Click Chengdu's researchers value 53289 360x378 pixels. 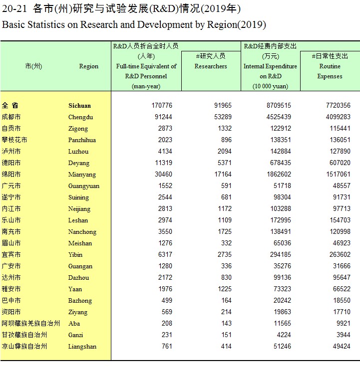click(x=223, y=117)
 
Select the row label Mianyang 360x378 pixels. click(x=82, y=175)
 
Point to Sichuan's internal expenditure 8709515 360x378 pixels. click(x=279, y=105)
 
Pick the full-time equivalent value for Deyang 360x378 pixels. click(x=163, y=163)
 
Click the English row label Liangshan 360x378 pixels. click(x=82, y=347)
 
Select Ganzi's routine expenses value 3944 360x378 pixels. click(x=344, y=335)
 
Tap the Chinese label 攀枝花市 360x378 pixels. click(x=14, y=140)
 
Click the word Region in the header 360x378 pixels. click(x=88, y=66)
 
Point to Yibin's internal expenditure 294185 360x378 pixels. click(x=280, y=254)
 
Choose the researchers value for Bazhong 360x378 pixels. click(x=226, y=300)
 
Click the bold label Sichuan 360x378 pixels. click(x=80, y=106)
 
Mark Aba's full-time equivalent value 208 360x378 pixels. click(x=167, y=323)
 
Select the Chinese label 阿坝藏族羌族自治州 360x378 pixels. click(x=30, y=323)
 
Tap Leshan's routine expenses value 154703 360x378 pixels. click(x=340, y=220)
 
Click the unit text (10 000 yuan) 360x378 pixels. click(x=271, y=86)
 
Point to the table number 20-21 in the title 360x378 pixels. click(x=14, y=9)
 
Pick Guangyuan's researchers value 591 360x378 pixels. click(x=226, y=186)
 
